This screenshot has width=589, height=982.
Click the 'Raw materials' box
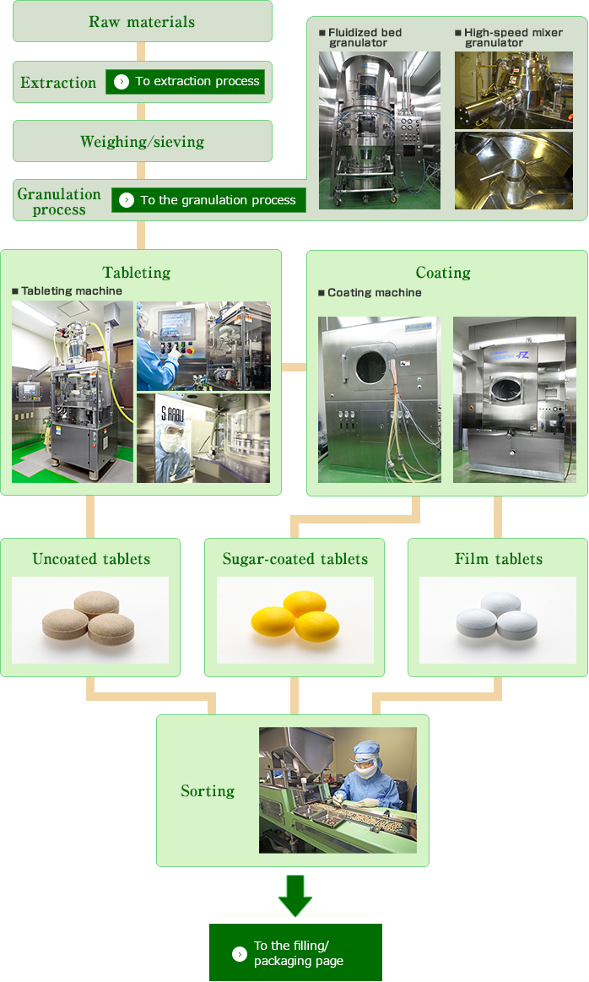(x=142, y=22)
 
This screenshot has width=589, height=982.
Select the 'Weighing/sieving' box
(x=142, y=142)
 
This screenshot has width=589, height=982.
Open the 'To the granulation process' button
(x=208, y=200)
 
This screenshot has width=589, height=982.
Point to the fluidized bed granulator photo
(x=379, y=130)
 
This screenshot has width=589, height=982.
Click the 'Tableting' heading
(x=137, y=272)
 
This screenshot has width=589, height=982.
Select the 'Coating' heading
(x=443, y=272)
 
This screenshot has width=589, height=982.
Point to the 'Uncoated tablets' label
(x=91, y=559)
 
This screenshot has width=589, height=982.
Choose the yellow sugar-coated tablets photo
(x=294, y=619)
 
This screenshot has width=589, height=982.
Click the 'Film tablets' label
(x=498, y=559)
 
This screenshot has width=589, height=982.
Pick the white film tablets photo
(x=498, y=619)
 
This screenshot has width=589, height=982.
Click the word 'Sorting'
(x=208, y=791)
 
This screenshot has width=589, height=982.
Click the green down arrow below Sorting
(x=295, y=896)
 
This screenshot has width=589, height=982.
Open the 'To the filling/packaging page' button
(x=295, y=953)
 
